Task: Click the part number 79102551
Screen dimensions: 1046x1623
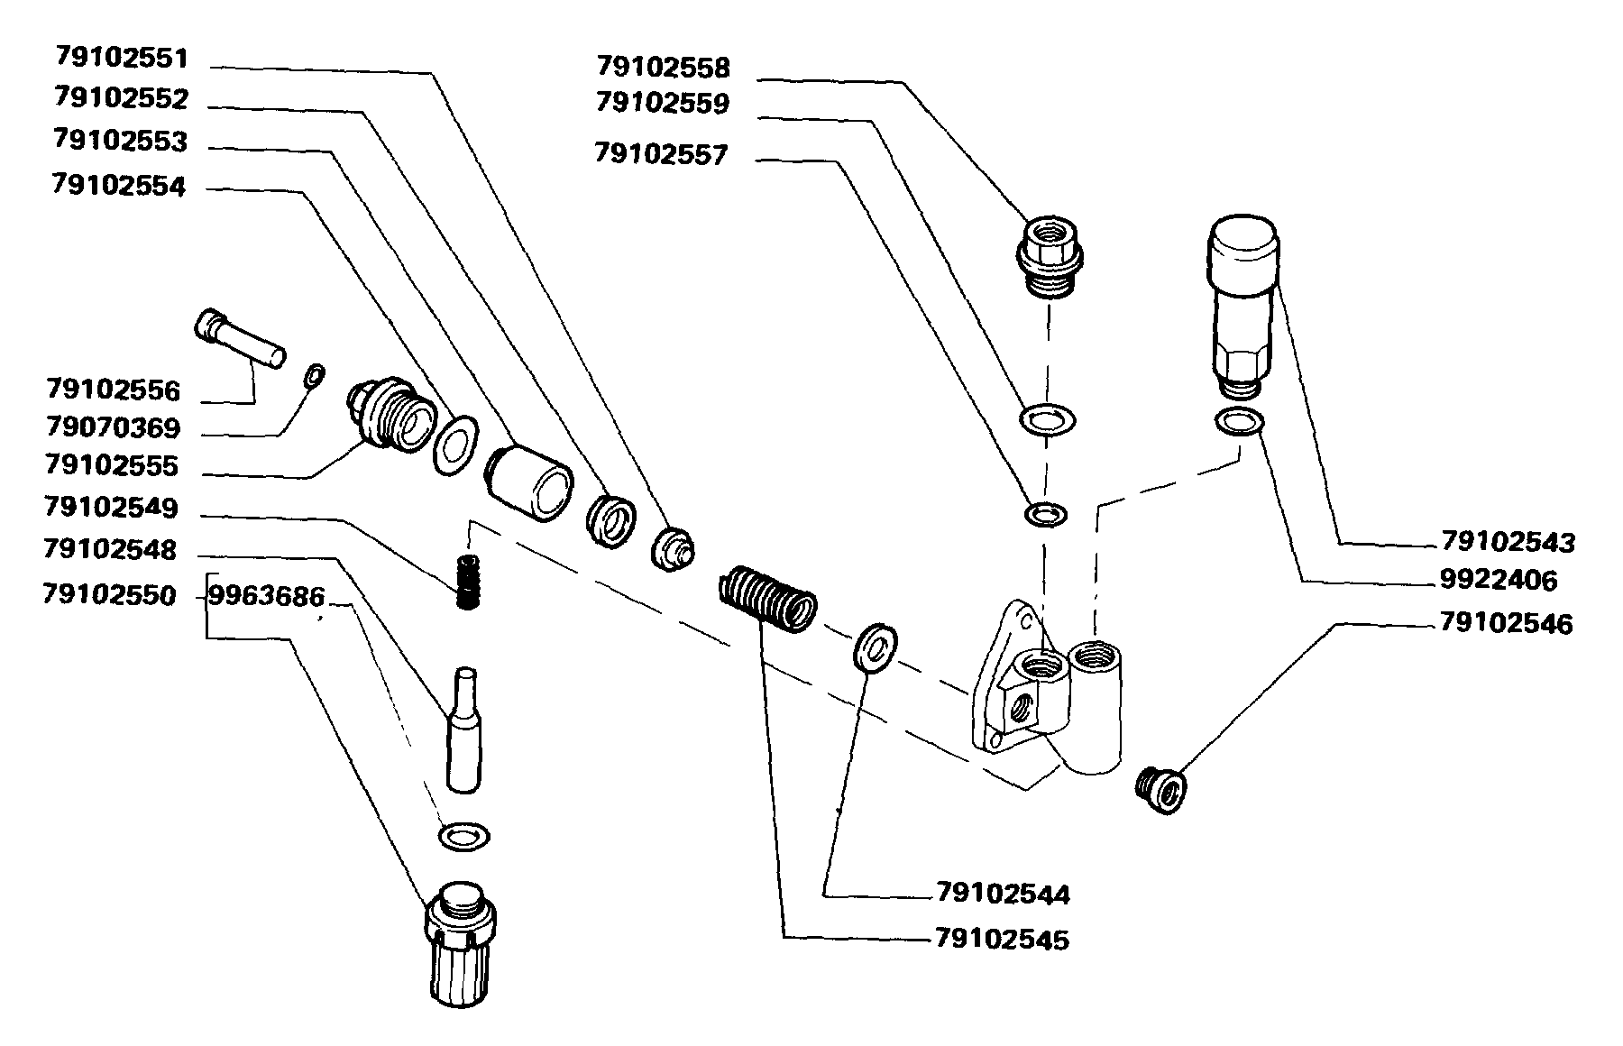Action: click(x=121, y=58)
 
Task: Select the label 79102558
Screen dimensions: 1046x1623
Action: click(x=663, y=67)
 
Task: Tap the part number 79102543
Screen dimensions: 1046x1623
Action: click(x=1508, y=542)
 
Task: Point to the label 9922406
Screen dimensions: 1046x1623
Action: click(x=1498, y=580)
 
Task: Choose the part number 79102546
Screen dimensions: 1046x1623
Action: click(x=1506, y=623)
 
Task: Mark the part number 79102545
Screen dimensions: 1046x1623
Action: click(x=1002, y=940)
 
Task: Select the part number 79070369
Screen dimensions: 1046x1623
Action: click(x=113, y=427)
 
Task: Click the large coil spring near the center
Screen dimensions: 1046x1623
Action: click(x=767, y=597)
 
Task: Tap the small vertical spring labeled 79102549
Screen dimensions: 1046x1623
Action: click(x=466, y=582)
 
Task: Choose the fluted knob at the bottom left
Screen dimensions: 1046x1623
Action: click(x=461, y=942)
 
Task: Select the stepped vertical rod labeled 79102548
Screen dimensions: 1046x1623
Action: click(x=464, y=730)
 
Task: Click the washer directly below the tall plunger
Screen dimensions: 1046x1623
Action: click(x=1240, y=420)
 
